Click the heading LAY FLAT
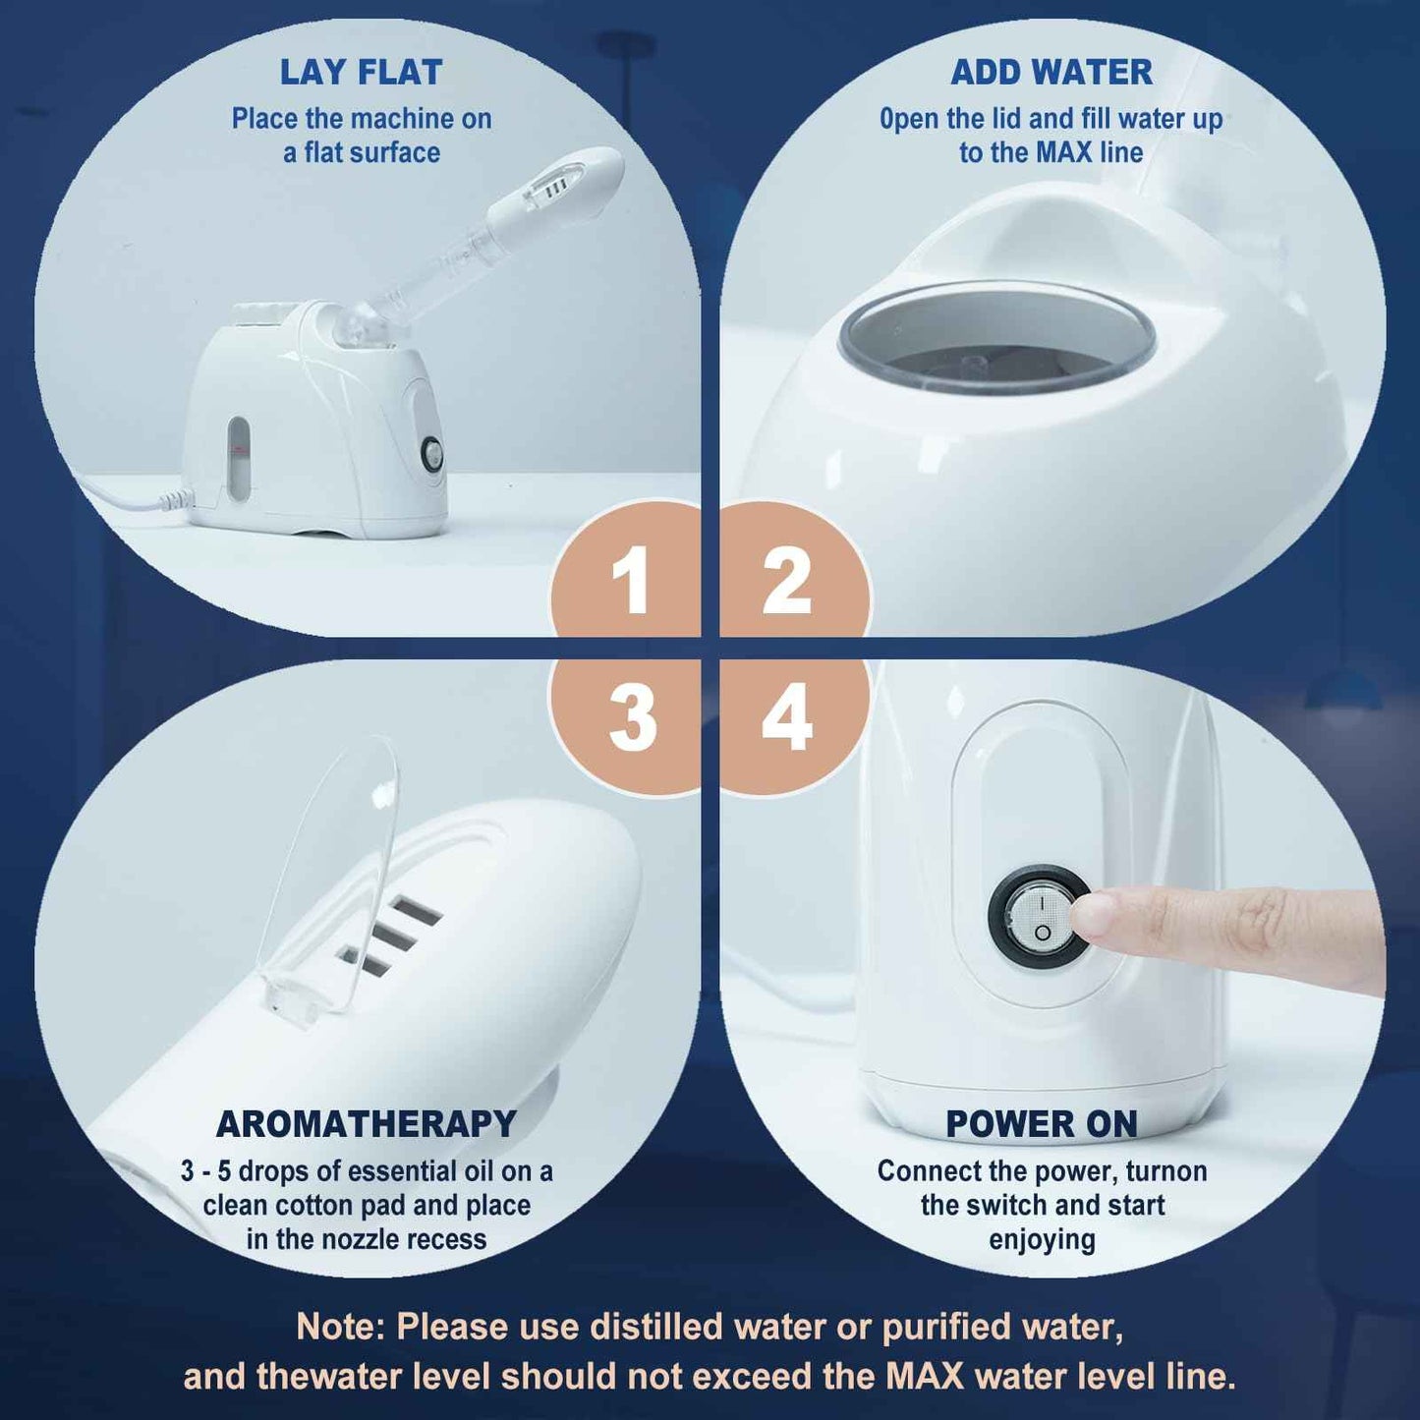361,73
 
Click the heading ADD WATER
1051,73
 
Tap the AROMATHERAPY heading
366,1124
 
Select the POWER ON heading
1042,1124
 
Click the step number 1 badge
630,580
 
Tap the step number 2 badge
787,580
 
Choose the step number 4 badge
787,717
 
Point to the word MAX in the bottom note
924,1376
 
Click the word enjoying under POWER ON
1042,1240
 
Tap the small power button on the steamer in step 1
431,453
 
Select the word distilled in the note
655,1327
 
